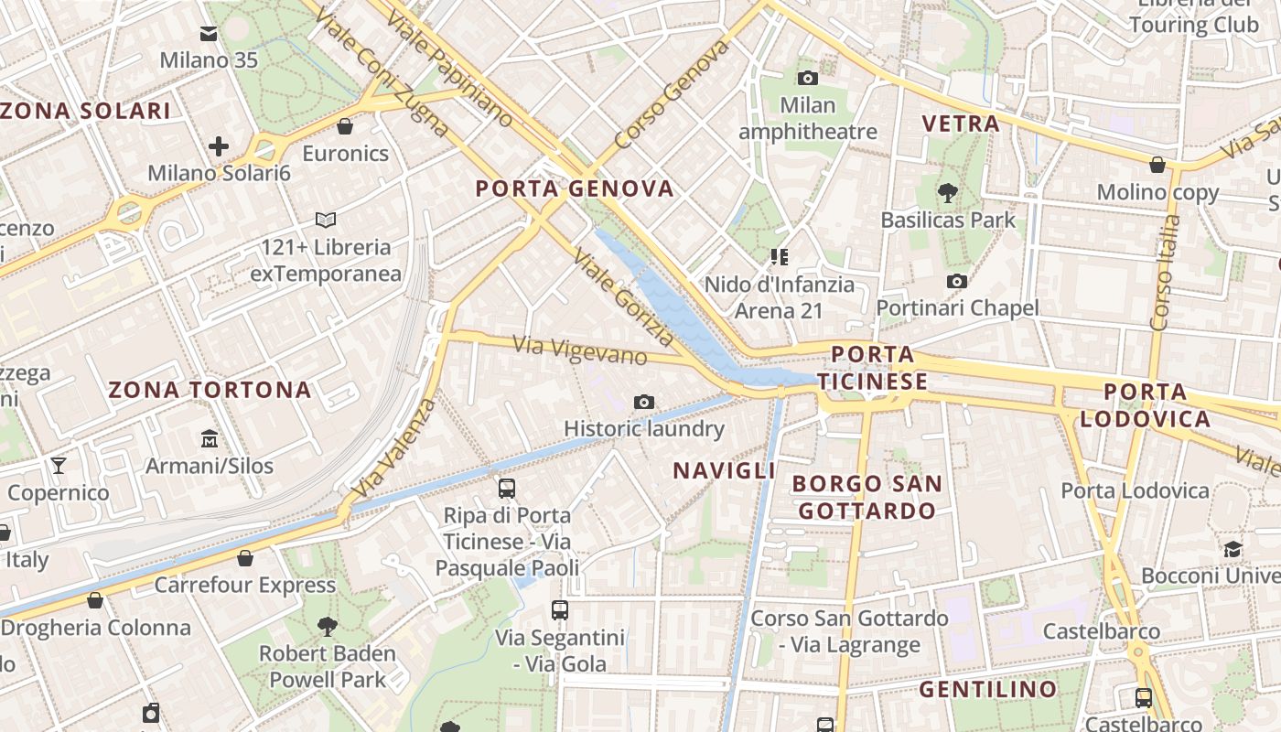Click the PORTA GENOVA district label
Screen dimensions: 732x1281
pyautogui.click(x=575, y=189)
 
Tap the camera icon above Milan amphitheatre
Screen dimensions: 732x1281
pyautogui.click(x=807, y=78)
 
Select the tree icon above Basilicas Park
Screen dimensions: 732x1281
pyautogui.click(x=947, y=193)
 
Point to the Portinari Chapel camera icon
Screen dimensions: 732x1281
pyautogui.click(x=957, y=281)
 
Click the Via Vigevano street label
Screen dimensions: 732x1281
pyautogui.click(x=580, y=350)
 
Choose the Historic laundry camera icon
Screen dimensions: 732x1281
pyautogui.click(x=644, y=402)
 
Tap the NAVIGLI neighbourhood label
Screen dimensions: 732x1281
pyautogui.click(x=724, y=470)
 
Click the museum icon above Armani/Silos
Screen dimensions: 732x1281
pyautogui.click(x=210, y=438)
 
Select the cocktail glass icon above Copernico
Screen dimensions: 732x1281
pyautogui.click(x=59, y=466)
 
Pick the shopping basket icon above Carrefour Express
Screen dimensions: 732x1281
pyautogui.click(x=245, y=557)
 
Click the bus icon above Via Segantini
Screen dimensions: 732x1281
pyautogui.click(x=559, y=609)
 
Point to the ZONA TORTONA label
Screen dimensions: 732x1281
pyautogui.click(x=210, y=390)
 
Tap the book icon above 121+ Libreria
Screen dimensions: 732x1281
pyautogui.click(x=325, y=220)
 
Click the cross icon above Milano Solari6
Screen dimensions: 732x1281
pyautogui.click(x=219, y=145)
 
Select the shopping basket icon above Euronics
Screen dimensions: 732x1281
pyautogui.click(x=345, y=126)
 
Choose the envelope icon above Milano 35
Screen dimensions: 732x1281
pyautogui.click(x=209, y=34)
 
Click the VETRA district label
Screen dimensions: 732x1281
pyautogui.click(x=960, y=124)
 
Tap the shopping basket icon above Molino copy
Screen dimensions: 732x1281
pyautogui.click(x=1157, y=165)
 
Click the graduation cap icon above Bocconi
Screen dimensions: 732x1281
pyautogui.click(x=1233, y=549)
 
